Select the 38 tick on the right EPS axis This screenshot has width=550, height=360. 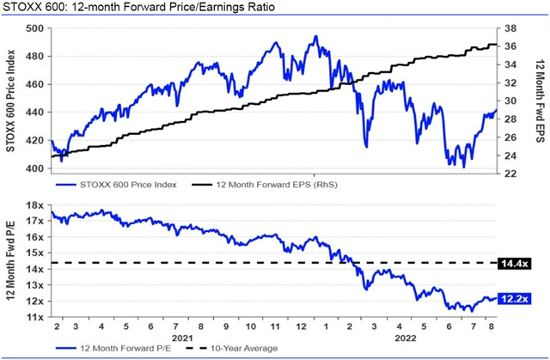point(510,28)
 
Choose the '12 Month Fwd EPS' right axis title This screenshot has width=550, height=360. point(539,101)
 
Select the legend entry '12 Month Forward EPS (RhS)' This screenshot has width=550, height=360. point(266,185)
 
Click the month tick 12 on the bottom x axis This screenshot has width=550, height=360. point(302,327)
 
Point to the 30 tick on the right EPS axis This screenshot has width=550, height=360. point(510,101)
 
